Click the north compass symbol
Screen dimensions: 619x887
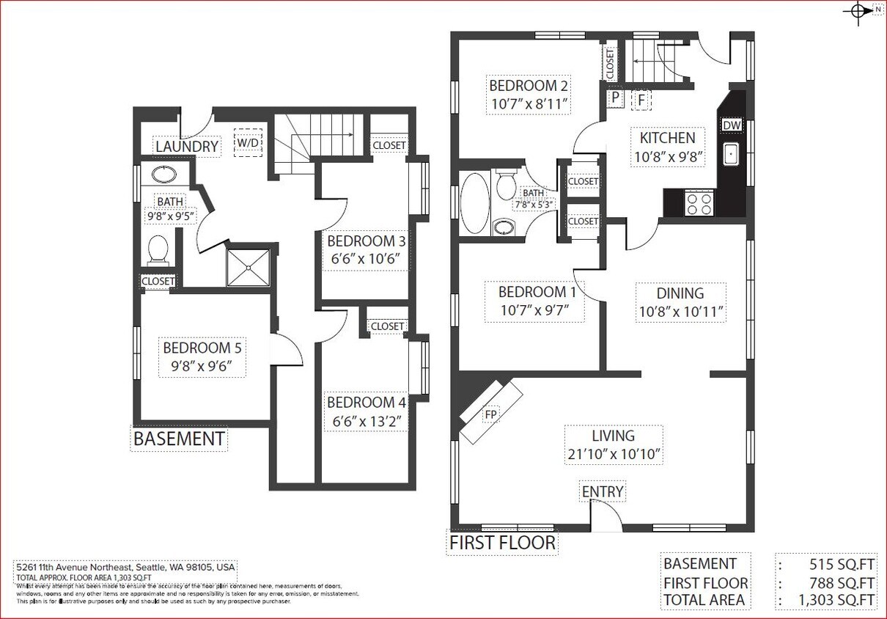[x=858, y=11]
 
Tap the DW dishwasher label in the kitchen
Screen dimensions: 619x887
[x=732, y=125]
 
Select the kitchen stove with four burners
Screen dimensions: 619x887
[x=699, y=203]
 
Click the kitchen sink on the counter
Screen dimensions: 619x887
[x=731, y=154]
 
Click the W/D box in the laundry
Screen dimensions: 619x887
[x=247, y=142]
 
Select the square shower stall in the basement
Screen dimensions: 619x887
[x=249, y=268]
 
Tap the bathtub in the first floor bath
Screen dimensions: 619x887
[x=474, y=203]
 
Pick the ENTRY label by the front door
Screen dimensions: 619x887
[x=602, y=491]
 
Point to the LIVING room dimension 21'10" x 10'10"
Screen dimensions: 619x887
[x=615, y=454]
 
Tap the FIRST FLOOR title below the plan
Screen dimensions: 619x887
[x=502, y=543]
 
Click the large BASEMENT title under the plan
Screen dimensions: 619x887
[x=179, y=439]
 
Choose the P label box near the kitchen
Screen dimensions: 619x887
[x=614, y=98]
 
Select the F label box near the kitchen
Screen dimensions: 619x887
[x=641, y=99]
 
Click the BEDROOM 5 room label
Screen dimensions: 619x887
[x=202, y=348]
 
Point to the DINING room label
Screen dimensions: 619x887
[x=680, y=293]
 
